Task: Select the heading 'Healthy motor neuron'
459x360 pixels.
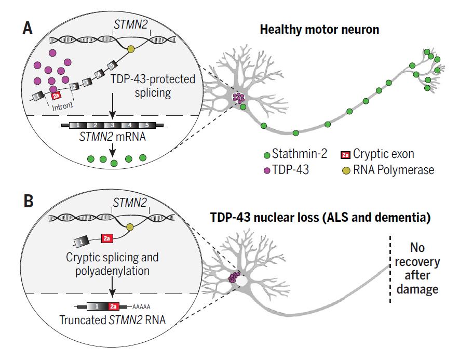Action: pyautogui.click(x=319, y=29)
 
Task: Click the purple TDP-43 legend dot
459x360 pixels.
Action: pyautogui.click(x=267, y=170)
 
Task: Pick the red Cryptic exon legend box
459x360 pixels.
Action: pyautogui.click(x=345, y=154)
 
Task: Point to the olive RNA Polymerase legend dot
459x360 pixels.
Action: pyautogui.click(x=345, y=170)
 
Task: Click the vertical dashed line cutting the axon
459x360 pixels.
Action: pyautogui.click(x=389, y=270)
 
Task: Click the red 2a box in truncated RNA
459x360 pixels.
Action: pyautogui.click(x=114, y=307)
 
